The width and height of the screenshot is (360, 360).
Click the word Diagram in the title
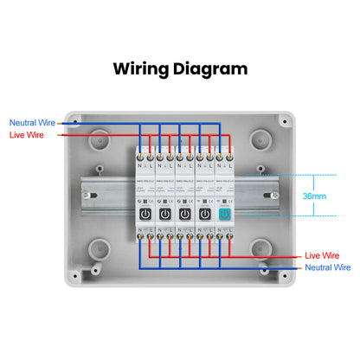pos(210,69)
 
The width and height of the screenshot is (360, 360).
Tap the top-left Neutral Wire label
pos(32,123)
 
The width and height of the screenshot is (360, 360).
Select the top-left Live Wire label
pos(26,135)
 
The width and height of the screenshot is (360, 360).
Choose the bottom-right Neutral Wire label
pos(327,268)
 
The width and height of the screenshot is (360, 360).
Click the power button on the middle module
pos(183,213)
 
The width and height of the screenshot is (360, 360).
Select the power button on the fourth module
pos(204,213)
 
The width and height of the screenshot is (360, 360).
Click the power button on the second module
pos(164,213)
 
